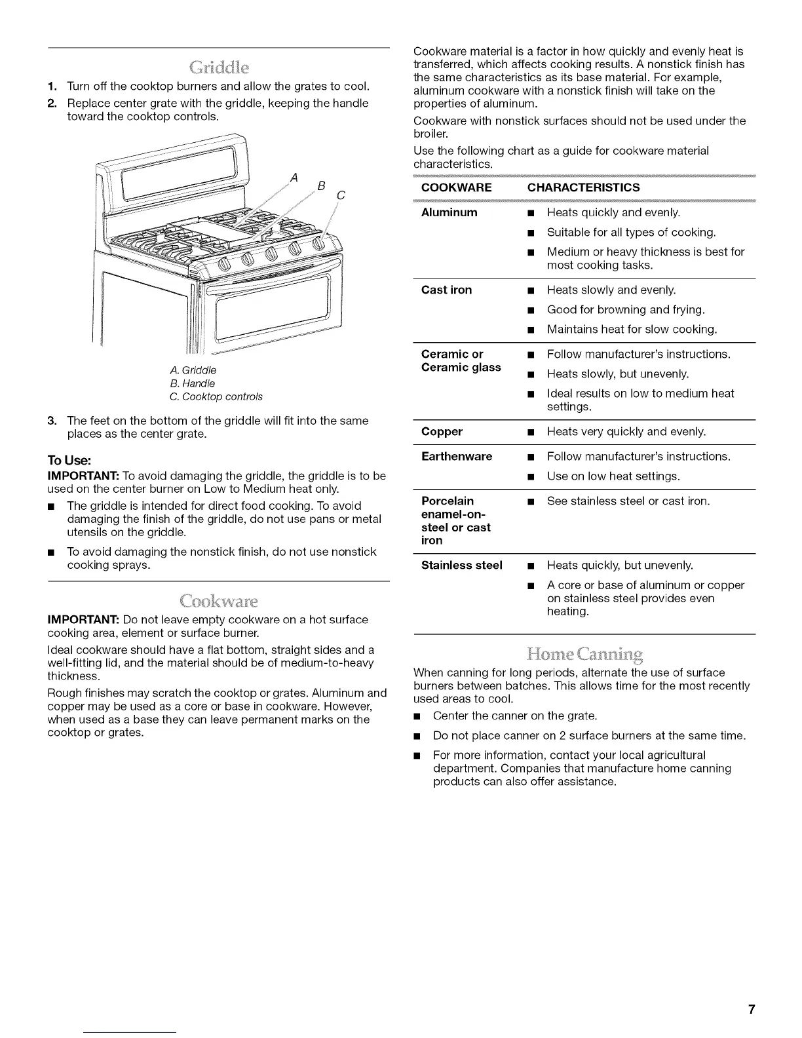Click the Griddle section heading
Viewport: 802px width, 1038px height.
(218, 67)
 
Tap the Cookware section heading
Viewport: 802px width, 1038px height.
(218, 601)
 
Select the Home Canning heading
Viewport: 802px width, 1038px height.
(584, 654)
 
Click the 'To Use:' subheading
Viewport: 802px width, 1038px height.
(68, 461)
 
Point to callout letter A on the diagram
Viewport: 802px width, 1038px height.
(294, 177)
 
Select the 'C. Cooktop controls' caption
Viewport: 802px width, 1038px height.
(216, 396)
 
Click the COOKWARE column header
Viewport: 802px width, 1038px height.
(456, 187)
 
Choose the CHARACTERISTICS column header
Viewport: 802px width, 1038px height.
(583, 187)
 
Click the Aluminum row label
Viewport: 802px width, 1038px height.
(449, 212)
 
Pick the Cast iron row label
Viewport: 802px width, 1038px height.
(446, 290)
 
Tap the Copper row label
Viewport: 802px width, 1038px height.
(442, 431)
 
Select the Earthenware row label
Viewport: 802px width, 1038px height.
(456, 456)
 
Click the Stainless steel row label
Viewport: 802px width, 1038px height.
(461, 565)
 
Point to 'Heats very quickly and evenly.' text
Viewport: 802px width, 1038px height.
(626, 431)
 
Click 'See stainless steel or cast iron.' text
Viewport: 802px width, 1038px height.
(628, 501)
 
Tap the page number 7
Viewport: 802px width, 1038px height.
(752, 1009)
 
